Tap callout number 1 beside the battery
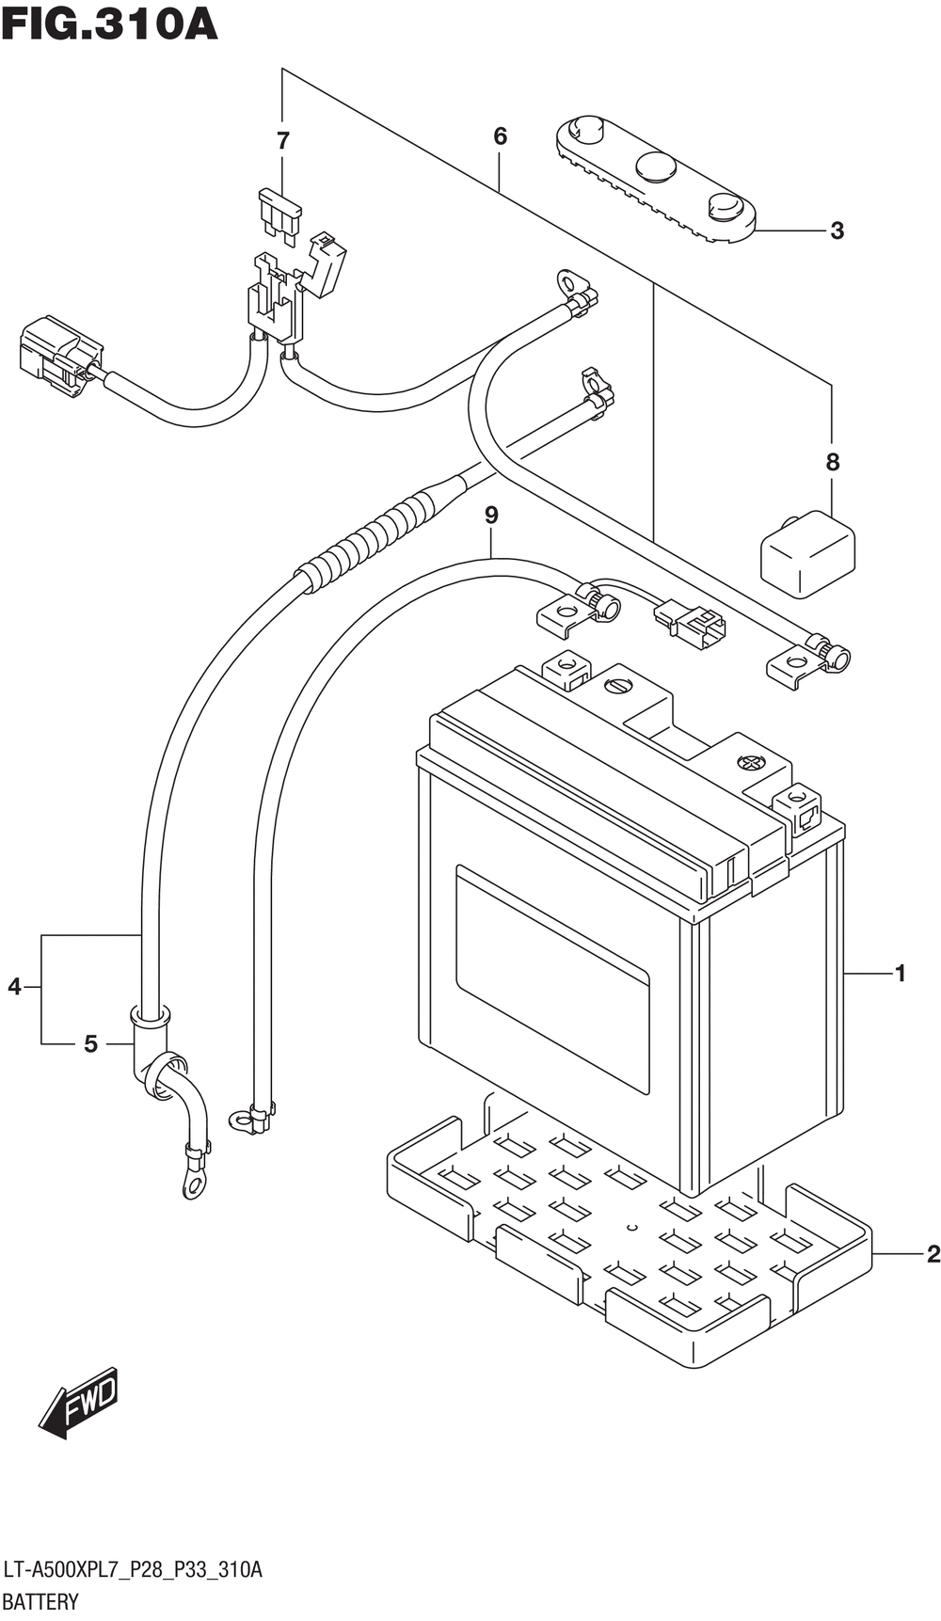tap(900, 973)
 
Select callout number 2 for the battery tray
tap(933, 1253)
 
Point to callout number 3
tap(837, 230)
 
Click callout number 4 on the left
tap(14, 987)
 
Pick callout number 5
tap(90, 1043)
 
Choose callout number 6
tap(500, 136)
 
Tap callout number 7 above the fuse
tap(282, 141)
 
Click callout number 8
tap(832, 462)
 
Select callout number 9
tap(491, 515)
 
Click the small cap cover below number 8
tap(807, 554)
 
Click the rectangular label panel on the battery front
tap(552, 978)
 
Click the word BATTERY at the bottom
tap(40, 1601)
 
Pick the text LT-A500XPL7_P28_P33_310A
tap(133, 1569)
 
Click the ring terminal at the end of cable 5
tap(194, 1183)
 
